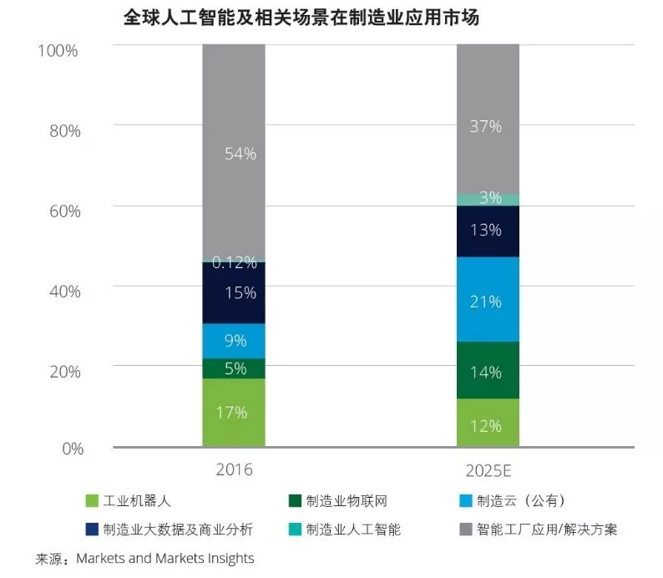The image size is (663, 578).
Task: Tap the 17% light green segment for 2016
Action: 233,412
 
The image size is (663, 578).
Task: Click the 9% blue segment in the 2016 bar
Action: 233,341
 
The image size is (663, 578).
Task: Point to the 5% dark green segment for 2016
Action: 233,368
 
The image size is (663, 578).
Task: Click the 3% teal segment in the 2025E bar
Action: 487,199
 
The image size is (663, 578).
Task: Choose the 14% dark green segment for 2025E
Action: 487,371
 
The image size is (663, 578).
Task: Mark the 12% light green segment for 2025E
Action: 487,424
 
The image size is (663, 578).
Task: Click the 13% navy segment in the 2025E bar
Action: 487,231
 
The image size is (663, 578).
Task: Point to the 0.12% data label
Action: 233,262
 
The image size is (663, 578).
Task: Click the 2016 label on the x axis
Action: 233,469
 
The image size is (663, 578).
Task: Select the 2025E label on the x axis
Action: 487,469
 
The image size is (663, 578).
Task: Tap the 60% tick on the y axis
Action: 63,210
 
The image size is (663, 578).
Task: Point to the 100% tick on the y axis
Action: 58,50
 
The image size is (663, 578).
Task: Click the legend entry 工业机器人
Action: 137,501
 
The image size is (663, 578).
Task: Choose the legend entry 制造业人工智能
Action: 353,530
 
